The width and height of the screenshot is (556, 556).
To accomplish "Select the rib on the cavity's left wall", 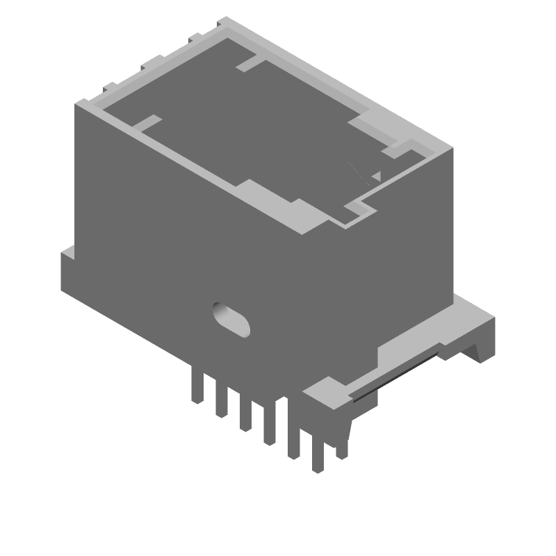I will pos(146,124).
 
